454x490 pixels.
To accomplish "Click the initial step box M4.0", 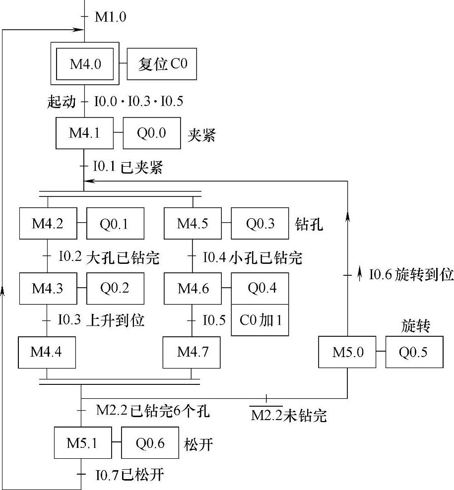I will [x=85, y=64].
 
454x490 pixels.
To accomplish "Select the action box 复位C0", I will [x=162, y=64].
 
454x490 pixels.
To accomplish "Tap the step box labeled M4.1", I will [x=85, y=133].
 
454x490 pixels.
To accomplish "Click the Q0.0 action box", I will [x=151, y=133].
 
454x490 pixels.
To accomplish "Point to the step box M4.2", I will [x=48, y=224].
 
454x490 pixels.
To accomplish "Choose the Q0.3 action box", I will [x=260, y=224].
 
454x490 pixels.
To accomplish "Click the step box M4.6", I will [x=193, y=288].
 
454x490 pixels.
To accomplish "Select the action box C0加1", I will [x=260, y=320].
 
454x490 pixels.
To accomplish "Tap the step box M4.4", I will [x=47, y=352].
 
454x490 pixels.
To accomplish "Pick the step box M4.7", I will [x=193, y=352].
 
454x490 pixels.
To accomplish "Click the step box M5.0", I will [x=347, y=353].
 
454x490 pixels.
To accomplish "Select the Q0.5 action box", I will [x=414, y=353].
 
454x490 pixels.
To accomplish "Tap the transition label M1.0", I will [x=110, y=18].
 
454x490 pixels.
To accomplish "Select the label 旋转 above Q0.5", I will [x=415, y=326].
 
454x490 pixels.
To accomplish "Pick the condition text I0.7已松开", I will [x=130, y=476].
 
